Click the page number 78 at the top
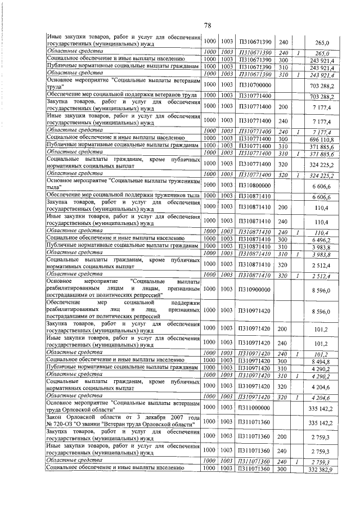coord(207,25)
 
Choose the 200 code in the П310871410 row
coord(283,207)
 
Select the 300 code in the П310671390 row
coord(283,58)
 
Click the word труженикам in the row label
coord(181,182)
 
